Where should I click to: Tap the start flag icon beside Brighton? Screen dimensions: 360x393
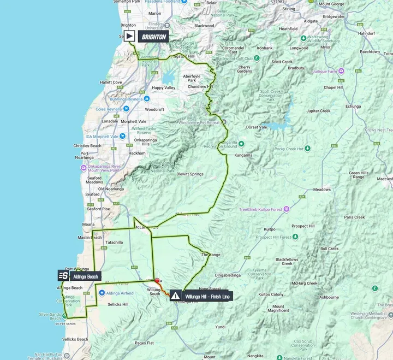click(x=129, y=36)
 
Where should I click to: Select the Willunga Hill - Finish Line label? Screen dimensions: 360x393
click(x=207, y=296)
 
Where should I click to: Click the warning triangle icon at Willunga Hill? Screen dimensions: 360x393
click(x=175, y=296)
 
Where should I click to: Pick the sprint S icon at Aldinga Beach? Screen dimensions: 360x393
click(x=63, y=276)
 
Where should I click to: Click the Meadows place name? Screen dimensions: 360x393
click(x=322, y=190)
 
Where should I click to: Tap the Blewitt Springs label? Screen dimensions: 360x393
click(x=189, y=174)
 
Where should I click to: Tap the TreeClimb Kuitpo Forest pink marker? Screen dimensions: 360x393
click(x=286, y=209)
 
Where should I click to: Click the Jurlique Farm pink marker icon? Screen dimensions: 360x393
click(x=341, y=70)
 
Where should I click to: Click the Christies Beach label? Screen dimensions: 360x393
click(x=87, y=146)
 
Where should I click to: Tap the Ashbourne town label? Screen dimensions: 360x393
click(x=329, y=297)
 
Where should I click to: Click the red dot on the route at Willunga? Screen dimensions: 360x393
click(x=158, y=280)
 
